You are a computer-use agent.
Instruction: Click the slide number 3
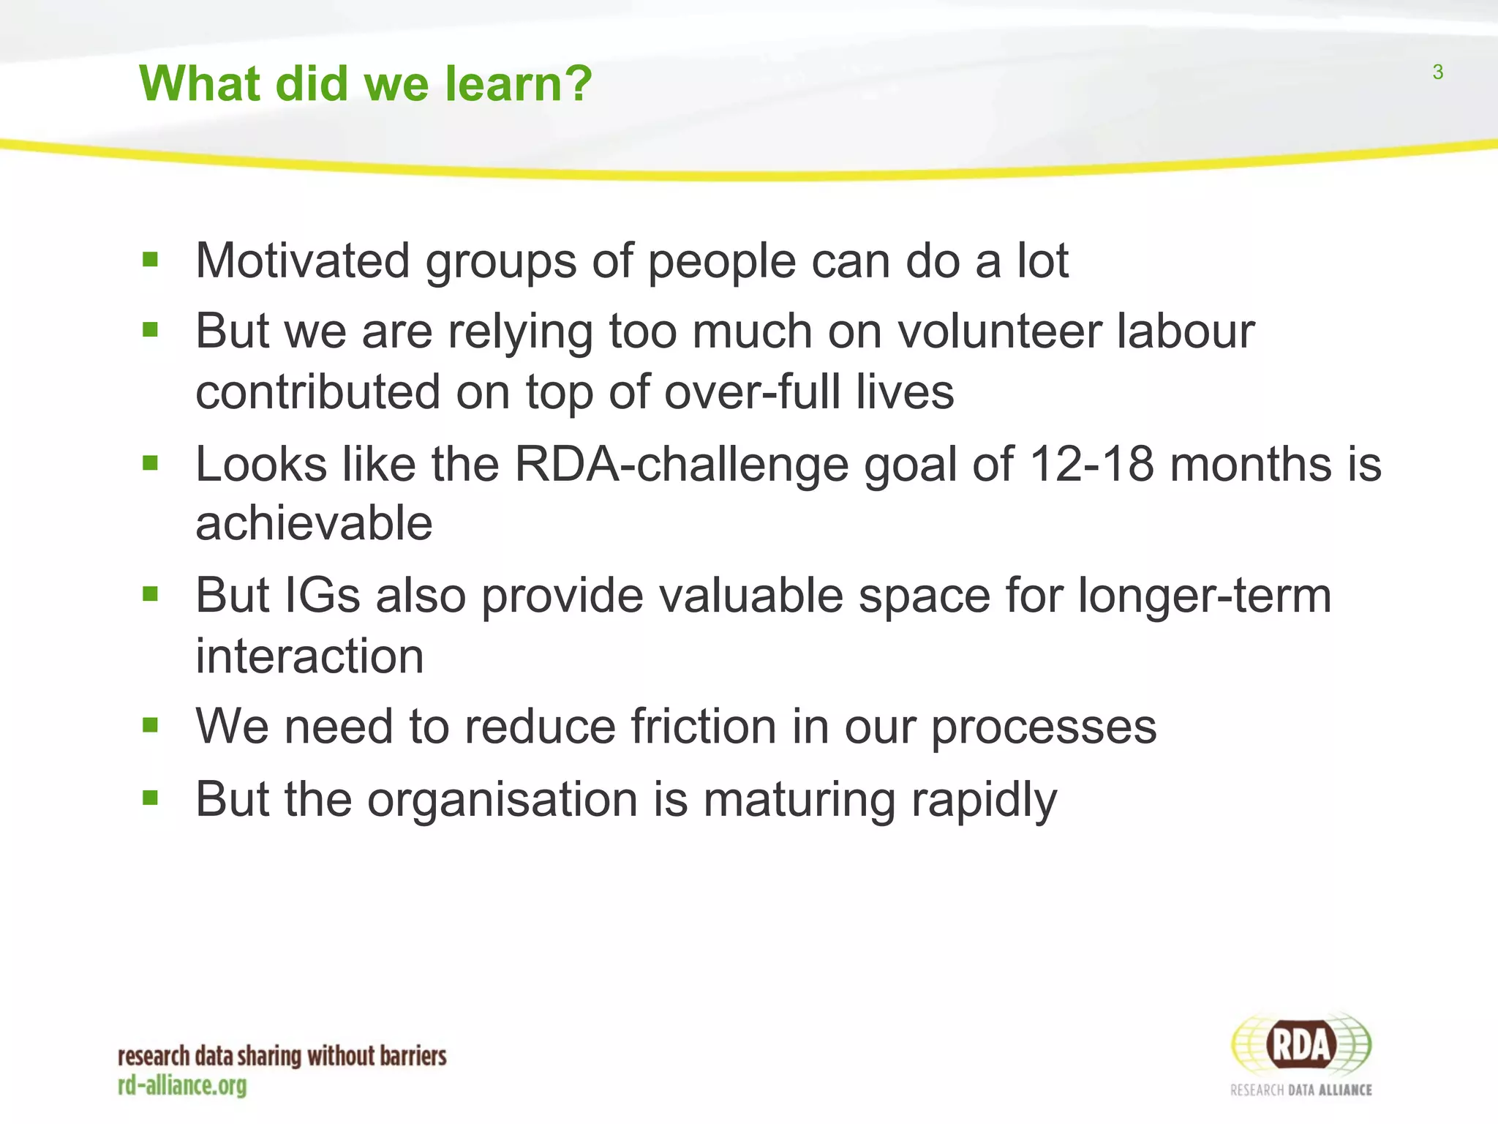point(1437,72)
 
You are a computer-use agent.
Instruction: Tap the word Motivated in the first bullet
point(302,261)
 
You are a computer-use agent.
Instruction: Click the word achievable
point(314,524)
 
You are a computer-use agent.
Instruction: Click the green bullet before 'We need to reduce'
point(151,725)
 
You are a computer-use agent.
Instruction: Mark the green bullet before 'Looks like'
point(151,462)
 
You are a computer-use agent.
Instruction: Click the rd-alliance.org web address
point(182,1085)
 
